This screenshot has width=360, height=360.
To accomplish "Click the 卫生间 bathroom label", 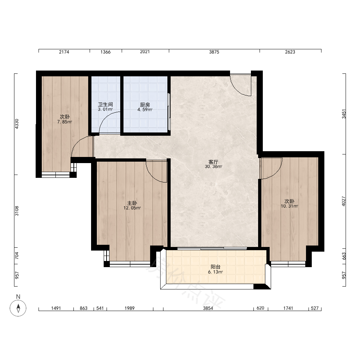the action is pyautogui.click(x=105, y=105).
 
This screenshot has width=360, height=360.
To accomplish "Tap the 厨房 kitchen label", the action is pyautogui.click(x=145, y=105).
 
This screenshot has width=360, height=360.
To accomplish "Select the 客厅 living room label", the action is pyautogui.click(x=213, y=162).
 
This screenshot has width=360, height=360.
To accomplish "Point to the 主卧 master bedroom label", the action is pyautogui.click(x=132, y=203).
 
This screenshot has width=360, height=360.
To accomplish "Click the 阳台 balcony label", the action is pyautogui.click(x=216, y=267).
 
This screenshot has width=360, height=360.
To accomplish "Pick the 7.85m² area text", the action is pyautogui.click(x=65, y=122).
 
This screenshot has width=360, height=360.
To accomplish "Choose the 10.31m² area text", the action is pyautogui.click(x=289, y=206).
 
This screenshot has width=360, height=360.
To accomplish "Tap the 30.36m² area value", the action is pyautogui.click(x=213, y=167).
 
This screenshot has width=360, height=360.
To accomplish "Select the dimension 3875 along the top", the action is pyautogui.click(x=214, y=52).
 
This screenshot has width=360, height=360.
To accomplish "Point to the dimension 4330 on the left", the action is pyautogui.click(x=17, y=124).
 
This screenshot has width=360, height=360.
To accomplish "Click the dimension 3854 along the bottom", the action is pyautogui.click(x=208, y=308).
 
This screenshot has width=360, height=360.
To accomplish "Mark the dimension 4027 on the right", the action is pyautogui.click(x=344, y=201).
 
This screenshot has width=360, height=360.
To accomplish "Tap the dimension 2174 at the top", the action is pyautogui.click(x=64, y=52).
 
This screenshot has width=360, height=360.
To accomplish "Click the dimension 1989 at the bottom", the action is pyautogui.click(x=130, y=308).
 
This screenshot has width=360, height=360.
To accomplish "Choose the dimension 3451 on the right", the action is pyautogui.click(x=344, y=114).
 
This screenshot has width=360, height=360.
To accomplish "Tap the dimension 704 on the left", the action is pyautogui.click(x=17, y=256).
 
